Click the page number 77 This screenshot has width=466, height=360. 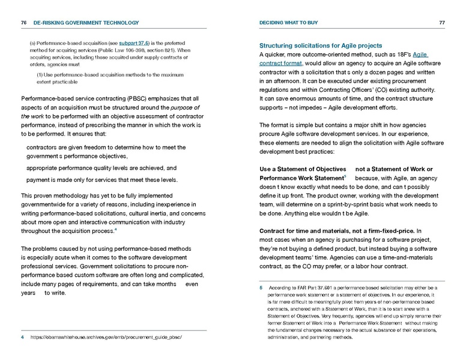(x=441, y=23)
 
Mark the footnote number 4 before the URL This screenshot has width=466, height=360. (x=22, y=338)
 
